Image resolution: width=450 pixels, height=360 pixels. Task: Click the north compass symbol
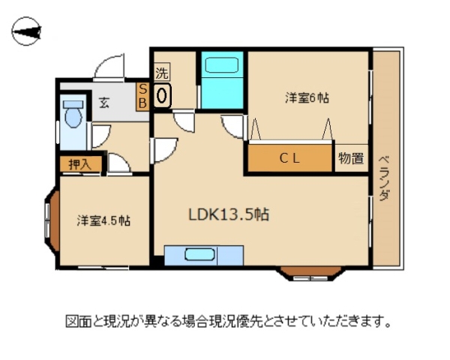click(26, 31)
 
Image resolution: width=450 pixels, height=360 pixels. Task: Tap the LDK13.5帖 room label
click(229, 214)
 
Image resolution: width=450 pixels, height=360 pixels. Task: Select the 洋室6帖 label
click(307, 98)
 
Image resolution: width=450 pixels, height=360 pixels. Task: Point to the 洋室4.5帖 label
click(103, 220)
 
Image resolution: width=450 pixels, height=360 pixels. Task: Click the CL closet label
click(289, 158)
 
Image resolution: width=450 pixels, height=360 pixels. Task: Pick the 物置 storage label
click(351, 158)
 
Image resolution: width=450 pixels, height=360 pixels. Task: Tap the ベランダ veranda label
click(384, 178)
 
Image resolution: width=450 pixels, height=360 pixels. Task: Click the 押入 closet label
click(80, 164)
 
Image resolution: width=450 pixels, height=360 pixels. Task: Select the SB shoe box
click(142, 97)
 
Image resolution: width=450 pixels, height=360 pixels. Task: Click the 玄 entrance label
click(104, 103)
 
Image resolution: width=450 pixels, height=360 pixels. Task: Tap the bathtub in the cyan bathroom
click(222, 65)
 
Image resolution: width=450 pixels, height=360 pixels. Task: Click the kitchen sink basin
click(199, 254)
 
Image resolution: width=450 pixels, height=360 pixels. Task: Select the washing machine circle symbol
click(162, 95)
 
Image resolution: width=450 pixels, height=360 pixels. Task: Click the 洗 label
click(162, 72)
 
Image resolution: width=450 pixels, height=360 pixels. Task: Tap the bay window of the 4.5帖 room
click(52, 221)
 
